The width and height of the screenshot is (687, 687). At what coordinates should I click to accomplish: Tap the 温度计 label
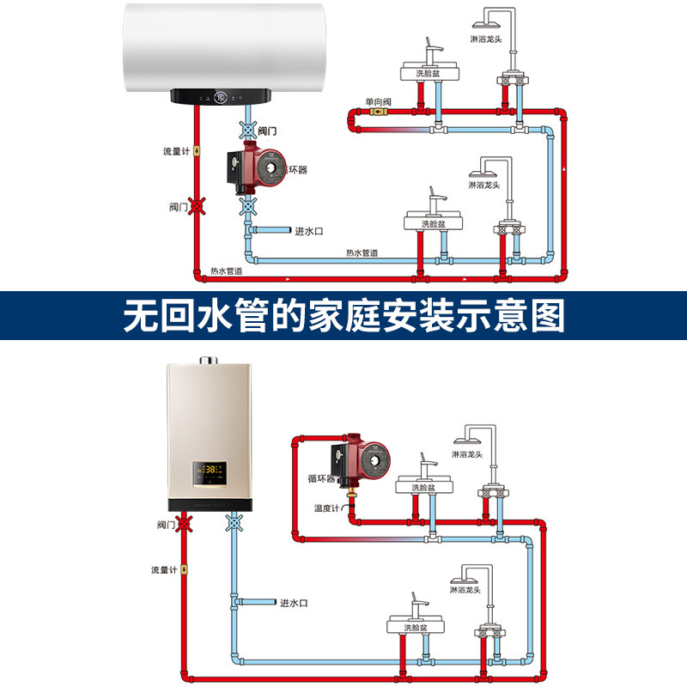(327, 508)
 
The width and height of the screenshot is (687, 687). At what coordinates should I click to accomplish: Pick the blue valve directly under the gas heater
(234, 521)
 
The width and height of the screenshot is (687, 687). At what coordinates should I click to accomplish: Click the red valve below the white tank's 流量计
(198, 207)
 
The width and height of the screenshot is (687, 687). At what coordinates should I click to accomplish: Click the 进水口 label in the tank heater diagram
(308, 231)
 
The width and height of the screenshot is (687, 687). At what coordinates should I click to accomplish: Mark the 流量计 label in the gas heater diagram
(163, 569)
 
